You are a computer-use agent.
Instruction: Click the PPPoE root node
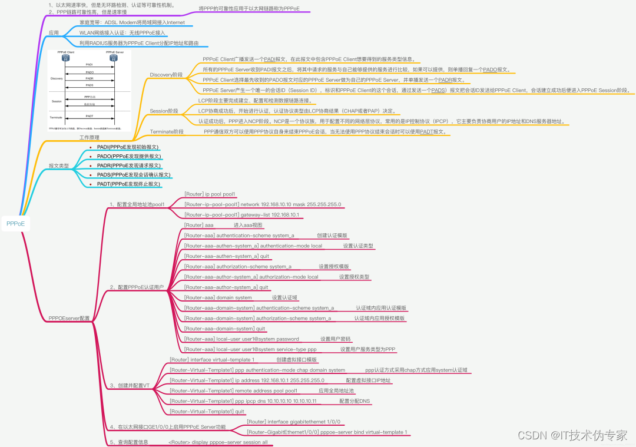15,224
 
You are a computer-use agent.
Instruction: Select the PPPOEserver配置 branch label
69,318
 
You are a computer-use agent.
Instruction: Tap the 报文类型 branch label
59,166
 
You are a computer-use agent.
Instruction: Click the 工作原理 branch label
90,137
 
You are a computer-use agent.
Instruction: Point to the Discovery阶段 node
166,75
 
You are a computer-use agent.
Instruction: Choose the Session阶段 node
164,111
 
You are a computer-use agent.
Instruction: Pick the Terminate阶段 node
167,131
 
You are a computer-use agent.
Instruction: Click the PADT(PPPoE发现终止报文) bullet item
128,184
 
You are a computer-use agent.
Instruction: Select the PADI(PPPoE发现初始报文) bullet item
128,147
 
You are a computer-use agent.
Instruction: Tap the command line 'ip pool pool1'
210,193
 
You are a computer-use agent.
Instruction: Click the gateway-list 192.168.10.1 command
242,215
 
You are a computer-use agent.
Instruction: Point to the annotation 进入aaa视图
248,225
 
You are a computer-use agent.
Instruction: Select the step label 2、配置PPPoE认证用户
137,287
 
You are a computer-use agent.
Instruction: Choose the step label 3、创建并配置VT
130,385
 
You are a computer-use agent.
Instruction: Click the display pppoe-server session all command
218,442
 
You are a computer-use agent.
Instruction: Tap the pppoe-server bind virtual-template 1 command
327,432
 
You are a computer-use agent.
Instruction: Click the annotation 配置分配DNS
355,401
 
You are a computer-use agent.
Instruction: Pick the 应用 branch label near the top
54,32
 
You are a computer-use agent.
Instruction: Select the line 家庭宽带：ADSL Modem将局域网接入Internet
132,22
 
